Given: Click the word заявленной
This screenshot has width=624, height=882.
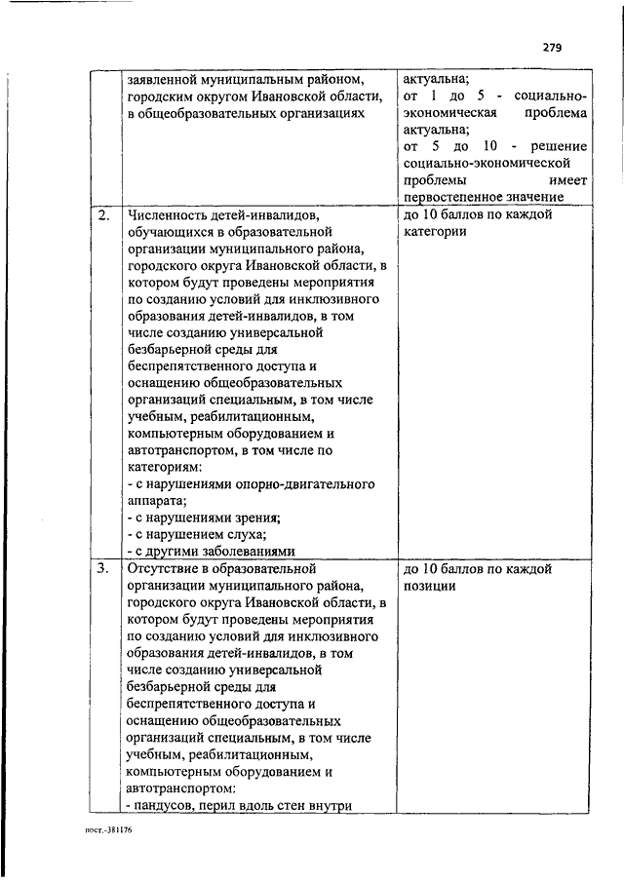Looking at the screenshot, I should [162, 78].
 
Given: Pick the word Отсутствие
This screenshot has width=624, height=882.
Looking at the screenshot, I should [168, 567].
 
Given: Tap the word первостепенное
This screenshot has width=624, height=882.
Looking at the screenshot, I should [450, 198].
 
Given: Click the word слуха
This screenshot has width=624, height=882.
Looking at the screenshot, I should [244, 534].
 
